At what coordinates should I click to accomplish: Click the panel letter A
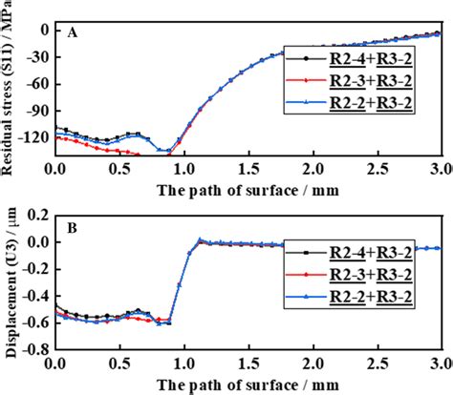73,31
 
